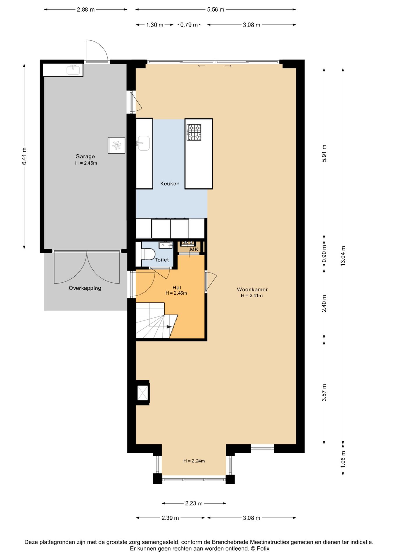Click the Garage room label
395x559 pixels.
pos(85,156)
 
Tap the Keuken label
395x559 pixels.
pos(170,183)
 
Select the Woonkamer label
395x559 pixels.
pos(252,289)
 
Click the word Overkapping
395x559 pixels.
pos(85,288)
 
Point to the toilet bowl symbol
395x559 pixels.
pos(148,254)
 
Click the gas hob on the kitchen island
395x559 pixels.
pos(194,132)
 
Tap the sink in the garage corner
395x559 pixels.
pos(73,70)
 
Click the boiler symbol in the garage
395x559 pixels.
pos(116,145)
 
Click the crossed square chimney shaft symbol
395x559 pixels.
pos(143,393)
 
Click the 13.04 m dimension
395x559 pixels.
pos(343,256)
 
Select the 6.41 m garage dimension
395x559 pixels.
pos(24,156)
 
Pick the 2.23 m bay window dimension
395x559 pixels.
pos(194,503)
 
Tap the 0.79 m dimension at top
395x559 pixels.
pos(189,25)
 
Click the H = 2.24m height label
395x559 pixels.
pos(194,461)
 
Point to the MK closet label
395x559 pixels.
pos(194,250)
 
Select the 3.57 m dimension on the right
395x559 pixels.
pos(324,392)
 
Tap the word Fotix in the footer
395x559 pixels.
pos(263,549)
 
